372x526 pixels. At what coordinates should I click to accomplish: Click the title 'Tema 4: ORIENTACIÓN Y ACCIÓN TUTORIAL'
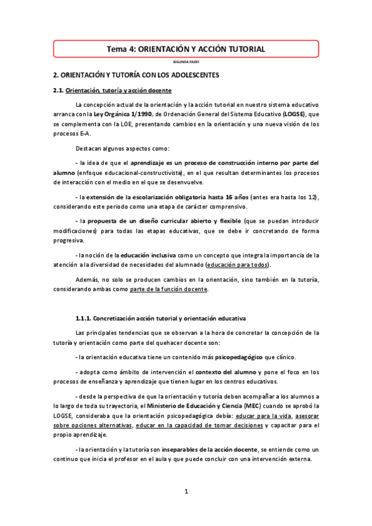tap(186, 48)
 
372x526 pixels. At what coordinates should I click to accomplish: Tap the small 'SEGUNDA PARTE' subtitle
tap(186, 62)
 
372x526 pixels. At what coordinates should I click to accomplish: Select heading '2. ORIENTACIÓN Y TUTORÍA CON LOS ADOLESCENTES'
tap(135, 74)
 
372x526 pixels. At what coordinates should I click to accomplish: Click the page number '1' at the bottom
tap(186, 492)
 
